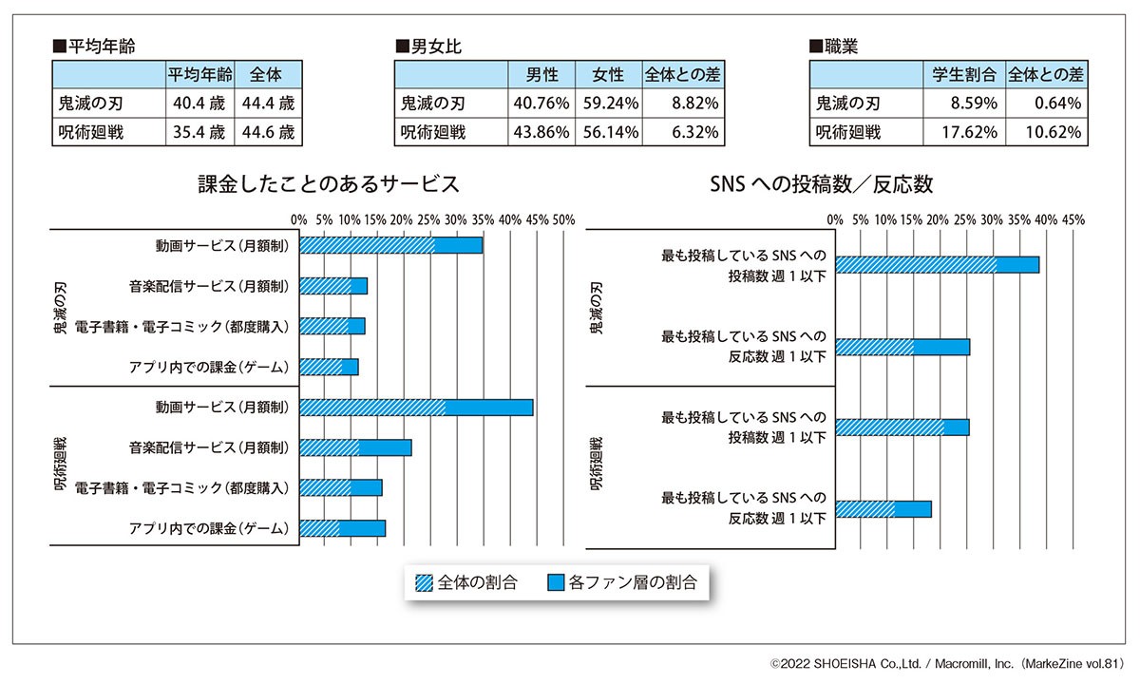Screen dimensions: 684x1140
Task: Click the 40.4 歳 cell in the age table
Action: tap(199, 103)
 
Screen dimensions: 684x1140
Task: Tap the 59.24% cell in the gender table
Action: tap(609, 103)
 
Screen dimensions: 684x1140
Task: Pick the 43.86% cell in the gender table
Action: tap(541, 132)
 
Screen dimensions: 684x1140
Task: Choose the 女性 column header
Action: tap(609, 74)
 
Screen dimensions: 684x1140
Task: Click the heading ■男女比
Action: tap(428, 46)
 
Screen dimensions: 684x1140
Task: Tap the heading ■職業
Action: tap(834, 46)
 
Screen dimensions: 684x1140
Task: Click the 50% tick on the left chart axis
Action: tap(564, 219)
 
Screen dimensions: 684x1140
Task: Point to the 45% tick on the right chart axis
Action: tap(1073, 219)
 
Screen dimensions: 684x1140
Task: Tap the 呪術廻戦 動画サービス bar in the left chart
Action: tap(416, 408)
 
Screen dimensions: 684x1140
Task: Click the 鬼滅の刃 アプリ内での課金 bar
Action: tap(329, 367)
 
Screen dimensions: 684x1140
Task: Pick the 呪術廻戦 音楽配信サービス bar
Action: tap(355, 447)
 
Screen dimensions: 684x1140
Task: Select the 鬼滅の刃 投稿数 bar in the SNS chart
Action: tap(937, 265)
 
